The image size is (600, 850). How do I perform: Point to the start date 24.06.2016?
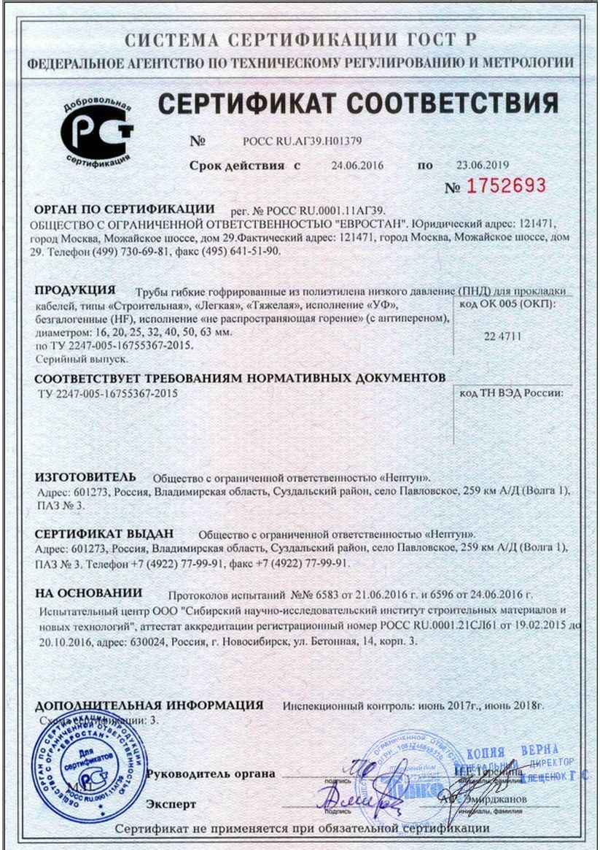pos(357,165)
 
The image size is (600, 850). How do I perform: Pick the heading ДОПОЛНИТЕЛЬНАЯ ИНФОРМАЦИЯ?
pos(149,706)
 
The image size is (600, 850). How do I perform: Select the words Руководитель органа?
pos(211,773)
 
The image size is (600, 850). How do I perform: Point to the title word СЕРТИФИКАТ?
pos(249,104)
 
